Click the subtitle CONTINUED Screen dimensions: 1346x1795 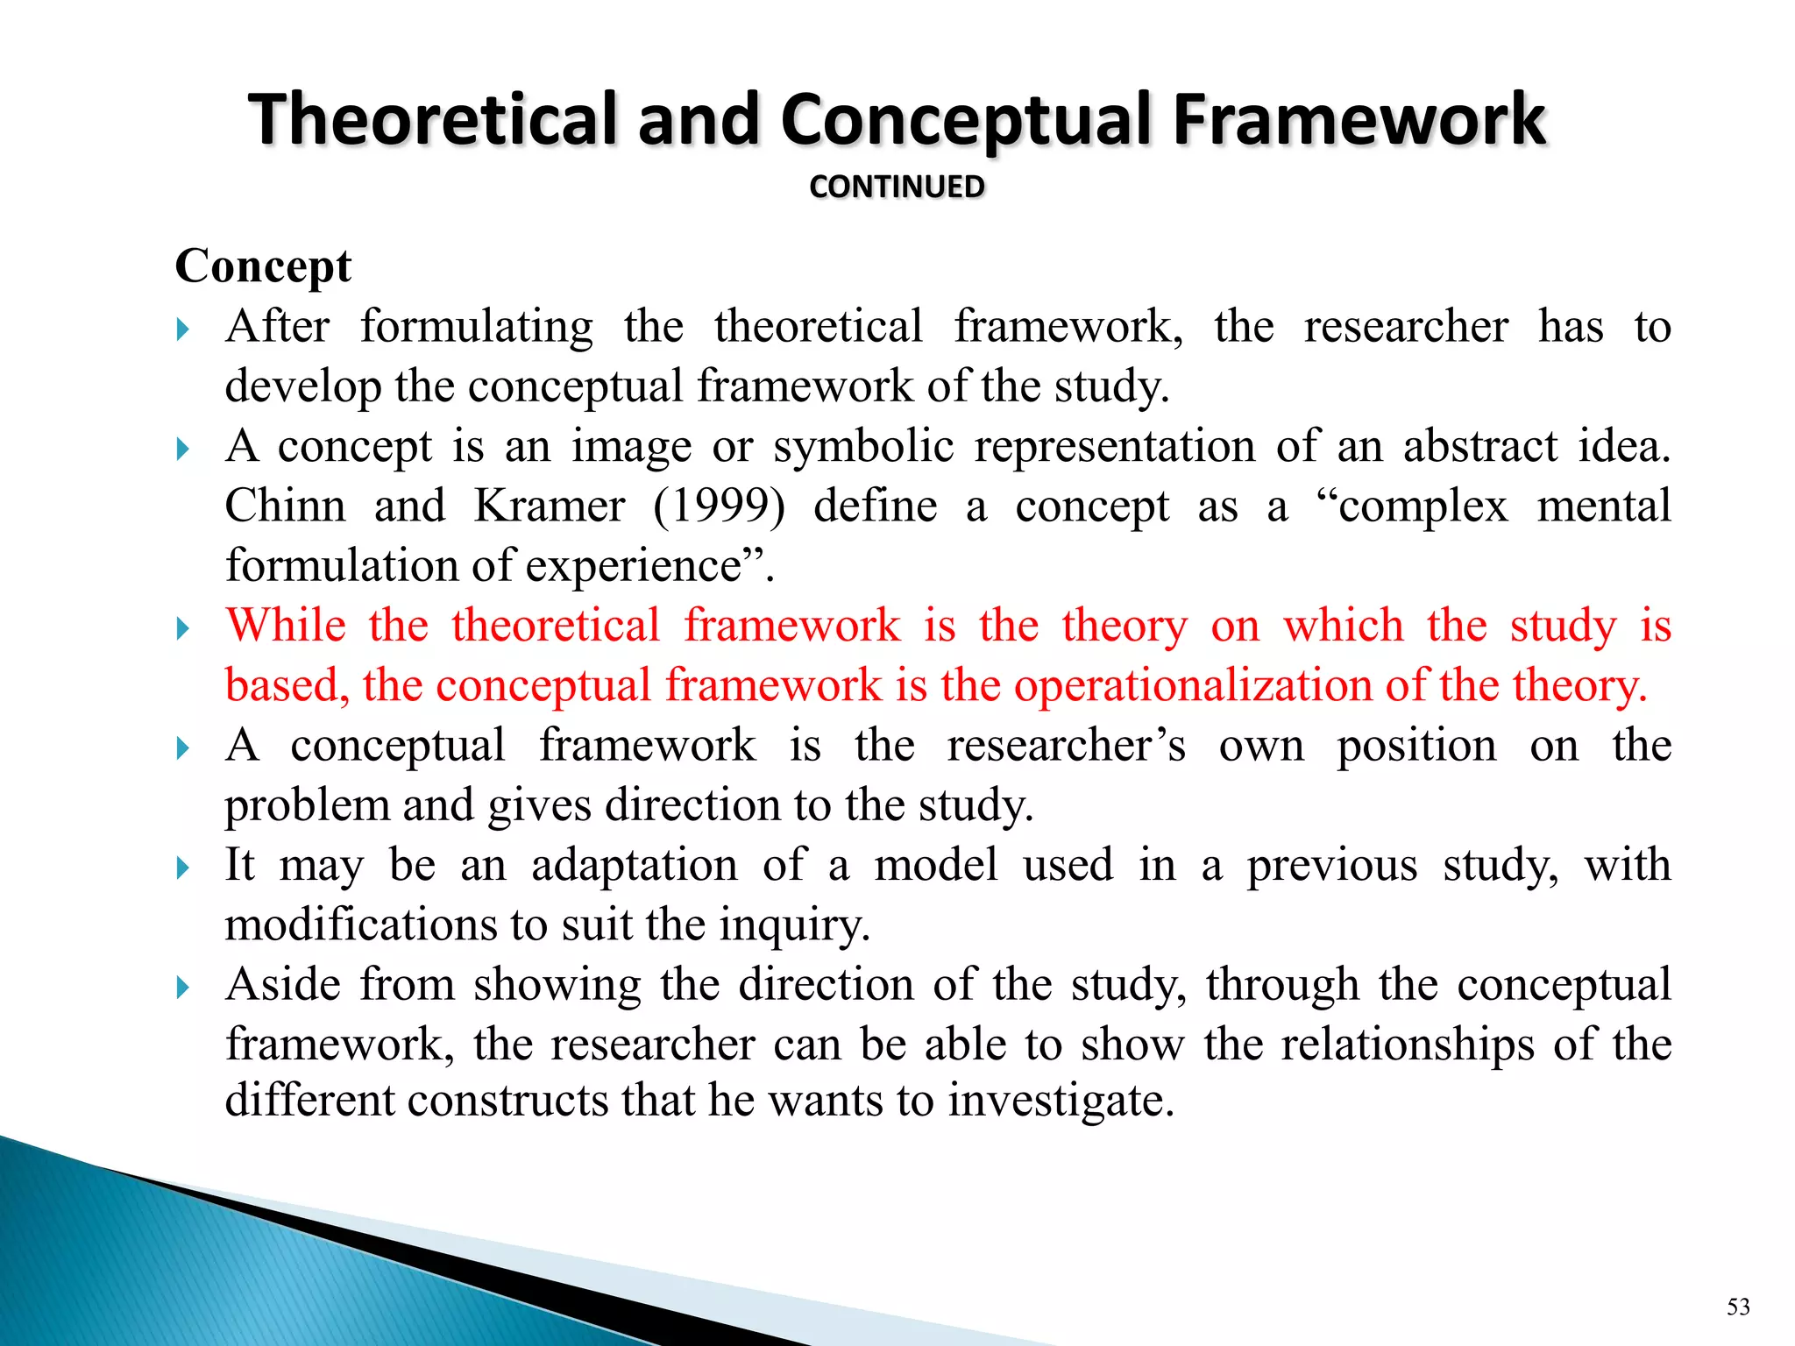(x=897, y=187)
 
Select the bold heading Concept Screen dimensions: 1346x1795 (x=263, y=266)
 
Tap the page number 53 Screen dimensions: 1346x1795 (x=1738, y=1307)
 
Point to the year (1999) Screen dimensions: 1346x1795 (x=719, y=507)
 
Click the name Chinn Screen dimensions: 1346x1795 (x=285, y=507)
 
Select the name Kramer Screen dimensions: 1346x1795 (x=550, y=507)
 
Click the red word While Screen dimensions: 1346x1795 (x=286, y=626)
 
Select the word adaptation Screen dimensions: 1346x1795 (x=634, y=865)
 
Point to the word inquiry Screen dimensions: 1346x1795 (x=794, y=925)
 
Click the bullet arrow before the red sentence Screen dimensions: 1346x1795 (x=182, y=628)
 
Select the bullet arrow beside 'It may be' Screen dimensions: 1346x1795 (x=182, y=868)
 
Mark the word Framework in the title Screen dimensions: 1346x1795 (x=1359, y=119)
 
